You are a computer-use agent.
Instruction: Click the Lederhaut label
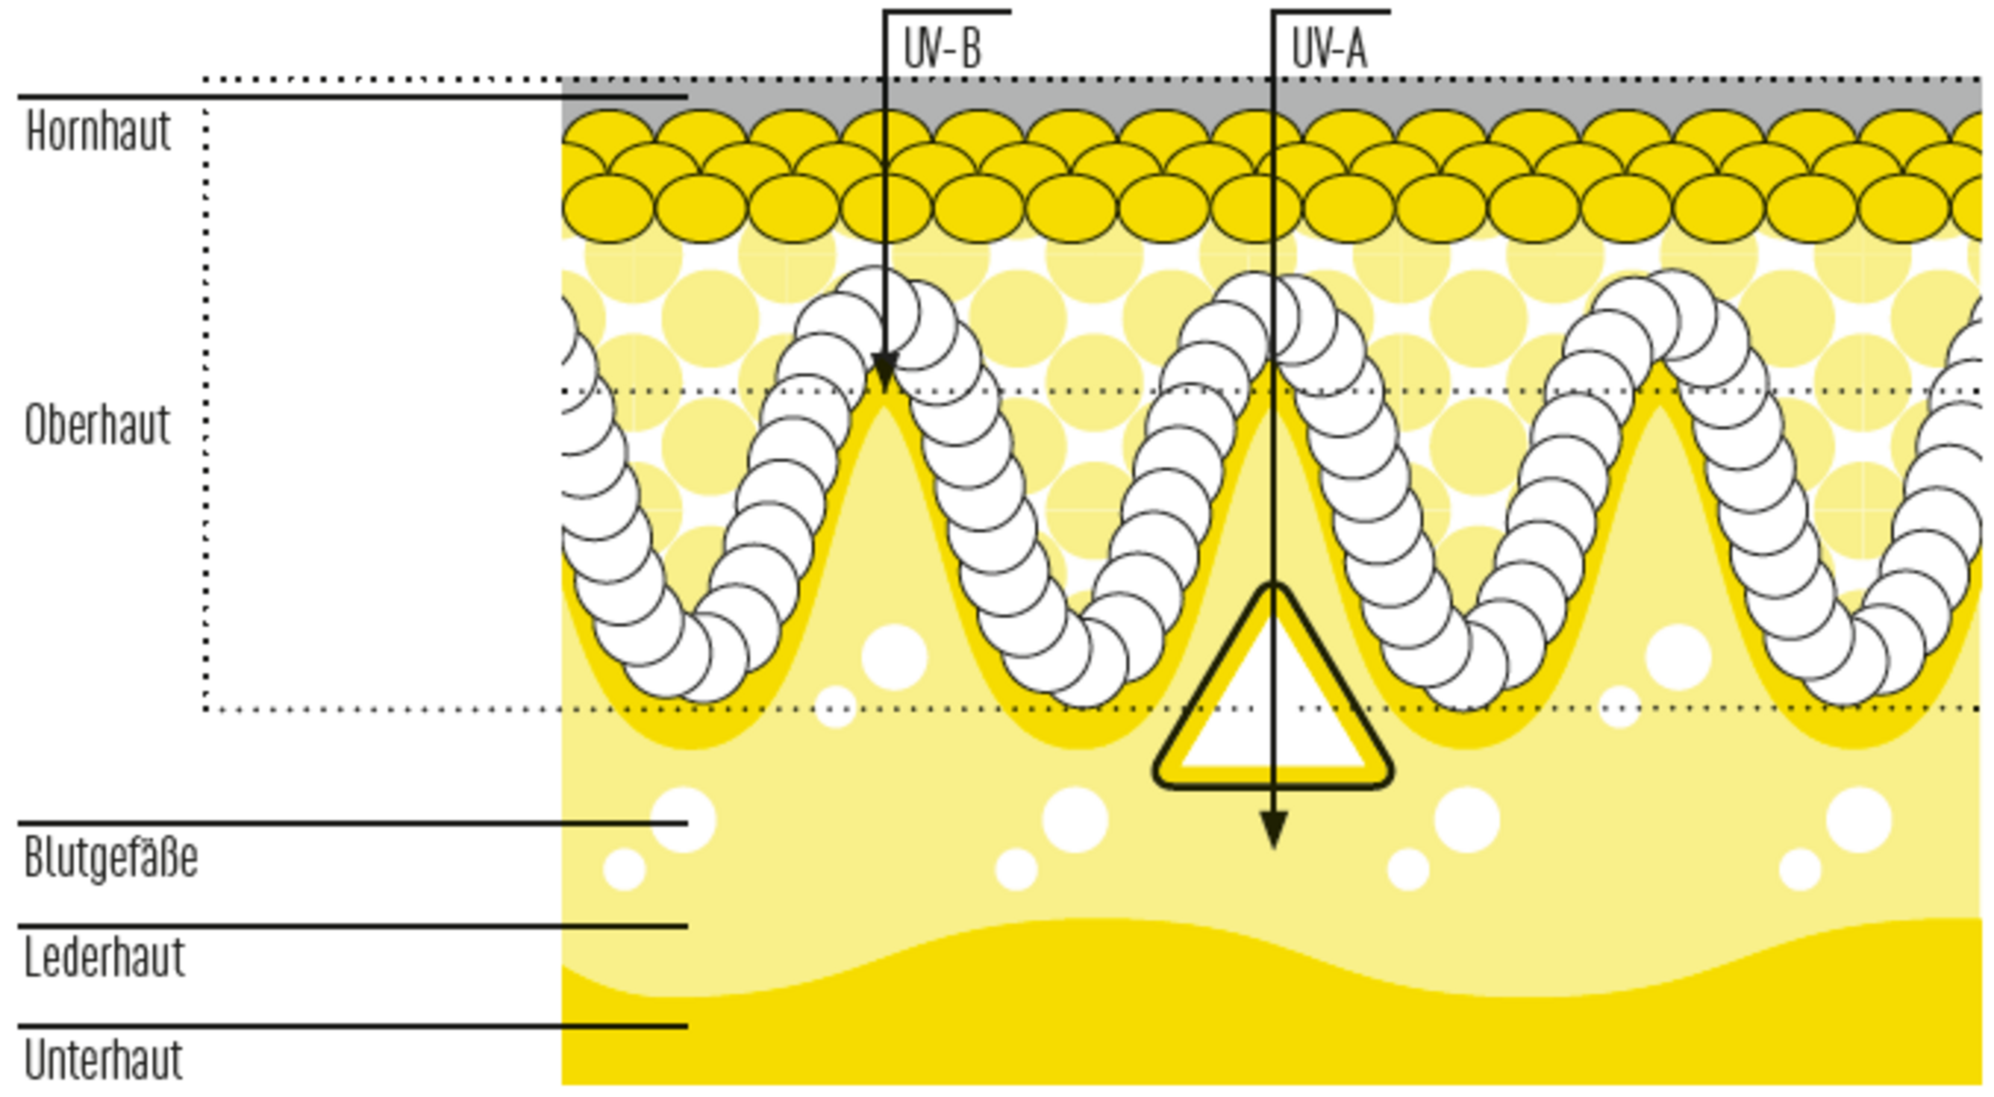[104, 958]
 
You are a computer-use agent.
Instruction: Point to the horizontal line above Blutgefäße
[310, 824]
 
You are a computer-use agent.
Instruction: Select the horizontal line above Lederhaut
[310, 926]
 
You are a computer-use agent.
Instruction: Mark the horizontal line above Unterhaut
[310, 1027]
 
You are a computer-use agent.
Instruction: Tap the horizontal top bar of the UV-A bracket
[1331, 12]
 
